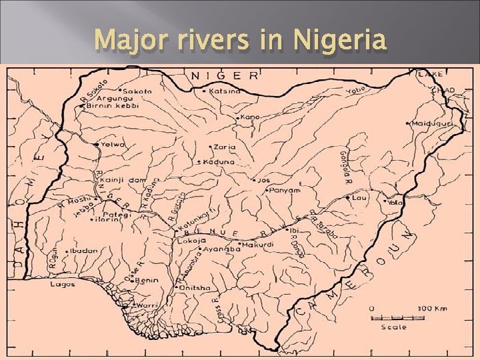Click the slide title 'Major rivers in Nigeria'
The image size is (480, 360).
coord(240,41)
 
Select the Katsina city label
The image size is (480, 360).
coord(225,91)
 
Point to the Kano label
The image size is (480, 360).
coord(251,117)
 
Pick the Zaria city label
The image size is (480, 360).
coord(225,147)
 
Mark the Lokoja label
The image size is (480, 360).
coord(188,241)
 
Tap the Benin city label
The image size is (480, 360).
coord(147,281)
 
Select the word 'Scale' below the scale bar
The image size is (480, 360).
coord(394,327)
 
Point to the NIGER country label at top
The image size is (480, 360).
coord(225,75)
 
